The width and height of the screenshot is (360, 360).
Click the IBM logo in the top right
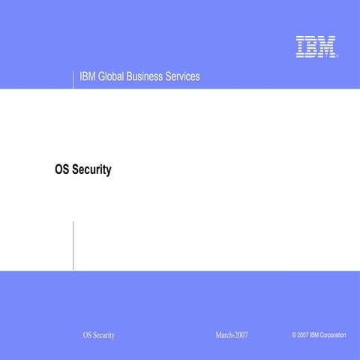[x=316, y=46]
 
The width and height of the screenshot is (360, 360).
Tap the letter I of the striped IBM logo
[x=300, y=46]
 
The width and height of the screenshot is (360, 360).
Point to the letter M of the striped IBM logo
[x=327, y=46]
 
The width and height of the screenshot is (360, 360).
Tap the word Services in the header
[x=187, y=77]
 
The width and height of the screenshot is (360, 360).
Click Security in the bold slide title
[x=93, y=170]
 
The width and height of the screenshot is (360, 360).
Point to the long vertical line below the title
[x=73, y=245]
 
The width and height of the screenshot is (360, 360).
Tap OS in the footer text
[x=87, y=335]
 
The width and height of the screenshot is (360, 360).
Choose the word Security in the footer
[x=104, y=335]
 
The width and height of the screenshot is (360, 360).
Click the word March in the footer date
[x=223, y=334]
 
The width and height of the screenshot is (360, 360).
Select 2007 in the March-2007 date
[x=241, y=334]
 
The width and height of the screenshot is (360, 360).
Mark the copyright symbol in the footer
[x=294, y=334]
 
